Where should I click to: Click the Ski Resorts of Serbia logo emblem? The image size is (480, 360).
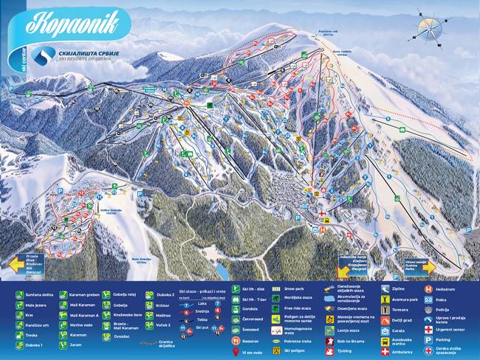[45, 55]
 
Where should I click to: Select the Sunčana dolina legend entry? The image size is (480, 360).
[37, 294]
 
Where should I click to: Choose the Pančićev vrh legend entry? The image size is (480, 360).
[37, 324]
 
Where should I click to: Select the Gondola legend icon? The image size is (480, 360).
[236, 309]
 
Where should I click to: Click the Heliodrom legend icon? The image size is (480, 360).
[428, 289]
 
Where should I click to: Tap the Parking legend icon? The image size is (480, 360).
[428, 340]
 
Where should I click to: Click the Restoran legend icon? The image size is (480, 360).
[236, 340]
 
